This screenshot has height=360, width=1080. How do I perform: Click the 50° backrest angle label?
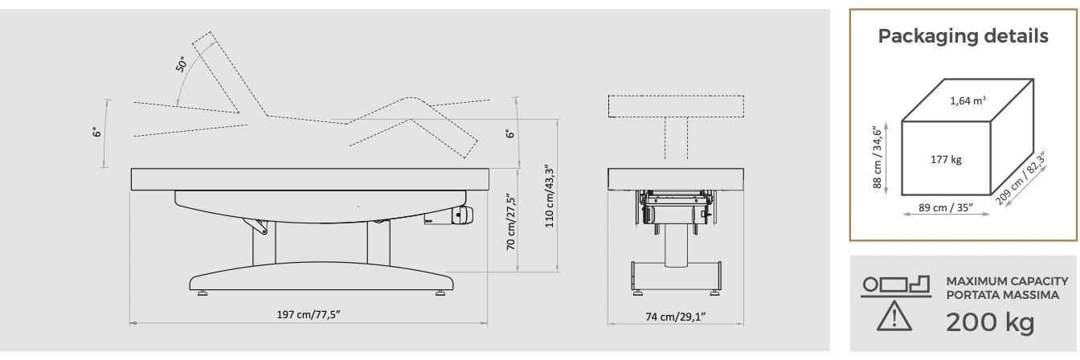click(x=181, y=64)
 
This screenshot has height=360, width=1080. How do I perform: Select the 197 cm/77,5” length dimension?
click(x=309, y=315)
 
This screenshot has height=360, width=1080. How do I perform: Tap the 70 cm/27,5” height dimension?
click(x=511, y=222)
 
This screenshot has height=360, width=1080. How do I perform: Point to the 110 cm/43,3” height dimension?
click(x=550, y=196)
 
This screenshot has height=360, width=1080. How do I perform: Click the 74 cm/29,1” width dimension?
click(x=676, y=317)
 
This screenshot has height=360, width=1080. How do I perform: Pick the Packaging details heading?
click(x=963, y=36)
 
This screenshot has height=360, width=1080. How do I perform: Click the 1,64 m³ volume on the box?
click(x=967, y=100)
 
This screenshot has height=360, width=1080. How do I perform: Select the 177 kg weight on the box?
click(x=946, y=160)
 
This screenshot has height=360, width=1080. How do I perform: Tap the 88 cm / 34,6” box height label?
click(x=877, y=157)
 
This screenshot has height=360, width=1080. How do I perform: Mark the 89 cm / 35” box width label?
click(x=946, y=207)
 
